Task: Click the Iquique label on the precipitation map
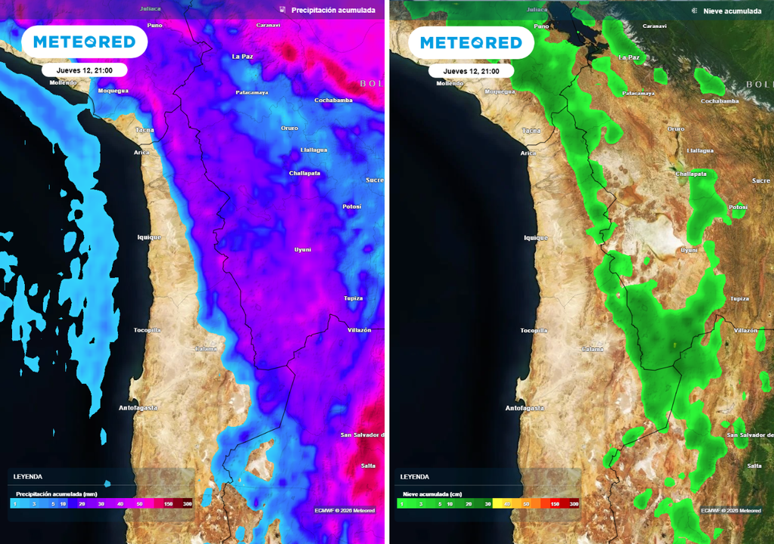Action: [x=149, y=237]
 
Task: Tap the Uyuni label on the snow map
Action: [x=689, y=249]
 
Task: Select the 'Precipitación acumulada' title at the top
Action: [x=333, y=11]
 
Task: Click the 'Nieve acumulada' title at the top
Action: [x=732, y=11]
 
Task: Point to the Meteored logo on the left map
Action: [x=84, y=42]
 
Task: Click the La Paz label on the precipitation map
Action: [x=242, y=57]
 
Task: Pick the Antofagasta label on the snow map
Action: [x=525, y=408]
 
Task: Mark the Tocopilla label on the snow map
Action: [x=534, y=330]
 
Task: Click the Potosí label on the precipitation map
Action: [x=351, y=206]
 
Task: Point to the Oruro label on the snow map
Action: [x=676, y=128]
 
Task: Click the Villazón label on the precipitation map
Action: [x=360, y=330]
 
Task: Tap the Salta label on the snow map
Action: [x=754, y=465]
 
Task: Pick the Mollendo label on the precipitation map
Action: [x=63, y=83]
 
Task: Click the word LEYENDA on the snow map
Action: [x=414, y=477]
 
